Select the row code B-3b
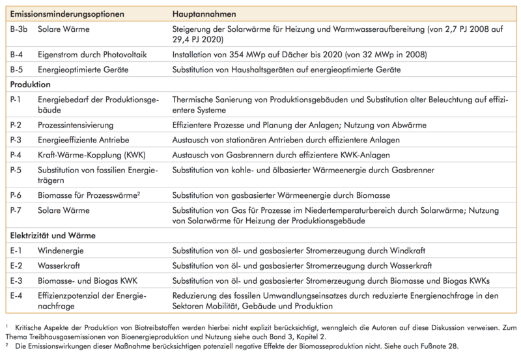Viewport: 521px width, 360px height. point(20,30)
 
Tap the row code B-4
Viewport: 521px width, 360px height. point(18,55)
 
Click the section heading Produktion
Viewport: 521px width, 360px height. point(31,85)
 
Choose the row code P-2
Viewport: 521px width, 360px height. point(18,124)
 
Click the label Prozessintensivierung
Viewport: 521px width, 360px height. point(76,124)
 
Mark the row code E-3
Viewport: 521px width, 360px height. point(18,281)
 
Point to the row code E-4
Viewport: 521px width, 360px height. point(18,296)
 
